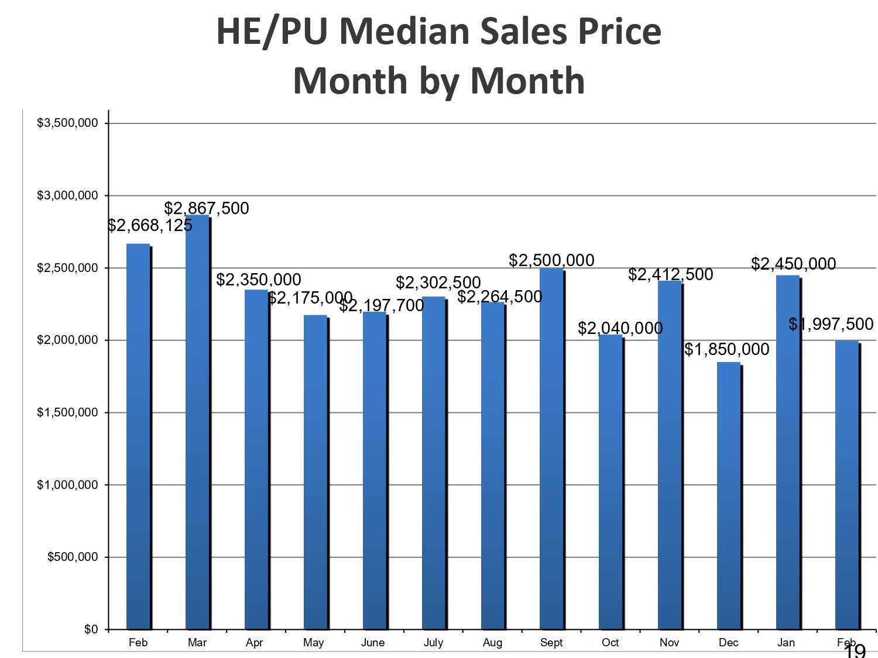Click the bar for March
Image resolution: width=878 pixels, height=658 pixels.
tap(197, 421)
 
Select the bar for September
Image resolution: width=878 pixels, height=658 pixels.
tap(551, 448)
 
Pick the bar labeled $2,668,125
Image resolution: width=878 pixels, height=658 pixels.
tap(138, 436)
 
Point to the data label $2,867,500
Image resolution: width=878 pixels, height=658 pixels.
tap(207, 208)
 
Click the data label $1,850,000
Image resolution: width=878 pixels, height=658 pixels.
tap(727, 349)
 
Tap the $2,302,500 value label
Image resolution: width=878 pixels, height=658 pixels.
tap(438, 283)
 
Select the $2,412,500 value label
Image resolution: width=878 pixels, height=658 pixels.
tap(671, 274)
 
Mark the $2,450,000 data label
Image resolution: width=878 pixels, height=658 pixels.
tap(794, 264)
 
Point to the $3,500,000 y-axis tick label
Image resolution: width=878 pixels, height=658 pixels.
tap(67, 123)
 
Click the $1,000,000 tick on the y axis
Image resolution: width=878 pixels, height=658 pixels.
tap(67, 485)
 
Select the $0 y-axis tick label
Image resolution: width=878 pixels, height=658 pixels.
tap(91, 629)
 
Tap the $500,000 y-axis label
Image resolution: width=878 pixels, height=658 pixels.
tap(73, 557)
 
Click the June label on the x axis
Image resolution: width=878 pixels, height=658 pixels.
tap(373, 643)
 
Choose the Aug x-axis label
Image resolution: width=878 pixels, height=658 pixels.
tap(492, 643)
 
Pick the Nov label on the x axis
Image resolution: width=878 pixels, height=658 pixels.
tap(669, 643)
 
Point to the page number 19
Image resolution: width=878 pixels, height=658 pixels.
tap(855, 651)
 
